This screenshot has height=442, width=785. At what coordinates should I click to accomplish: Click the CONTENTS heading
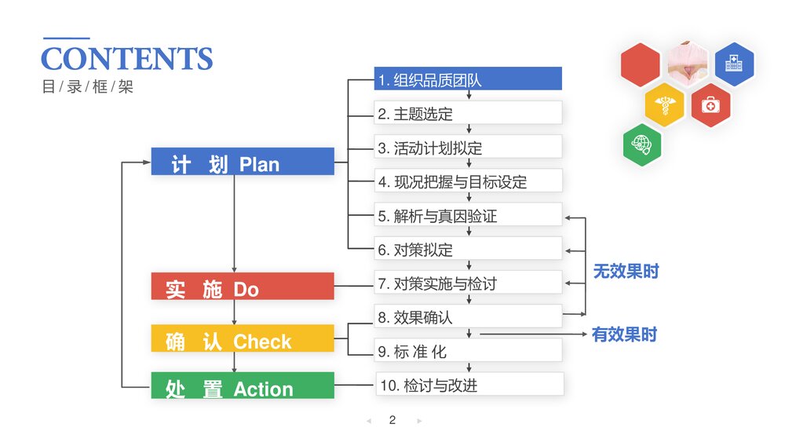tap(126, 59)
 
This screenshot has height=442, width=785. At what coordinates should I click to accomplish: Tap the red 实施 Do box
tap(243, 287)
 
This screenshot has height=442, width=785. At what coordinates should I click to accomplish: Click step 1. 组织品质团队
tap(468, 79)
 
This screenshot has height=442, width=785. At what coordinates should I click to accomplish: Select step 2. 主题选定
tap(468, 113)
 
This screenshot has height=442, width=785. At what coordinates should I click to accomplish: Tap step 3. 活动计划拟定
tap(468, 147)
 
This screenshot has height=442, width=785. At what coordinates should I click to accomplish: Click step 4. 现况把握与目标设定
tap(468, 181)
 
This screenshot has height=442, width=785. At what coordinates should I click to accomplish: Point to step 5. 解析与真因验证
tap(468, 215)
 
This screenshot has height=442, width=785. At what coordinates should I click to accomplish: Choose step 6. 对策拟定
tap(468, 249)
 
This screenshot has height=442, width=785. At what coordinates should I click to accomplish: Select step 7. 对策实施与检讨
tap(468, 283)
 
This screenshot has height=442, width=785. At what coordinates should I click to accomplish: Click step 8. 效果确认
tap(468, 316)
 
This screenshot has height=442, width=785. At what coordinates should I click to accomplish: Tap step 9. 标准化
tap(468, 350)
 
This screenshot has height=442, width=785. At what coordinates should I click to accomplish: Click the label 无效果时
tap(626, 272)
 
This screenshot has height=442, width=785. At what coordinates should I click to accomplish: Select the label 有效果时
tap(624, 334)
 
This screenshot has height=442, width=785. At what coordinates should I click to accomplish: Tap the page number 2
tap(392, 420)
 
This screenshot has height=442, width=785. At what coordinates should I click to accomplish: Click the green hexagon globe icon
tap(641, 146)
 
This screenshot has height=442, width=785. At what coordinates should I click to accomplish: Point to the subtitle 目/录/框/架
tap(87, 86)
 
